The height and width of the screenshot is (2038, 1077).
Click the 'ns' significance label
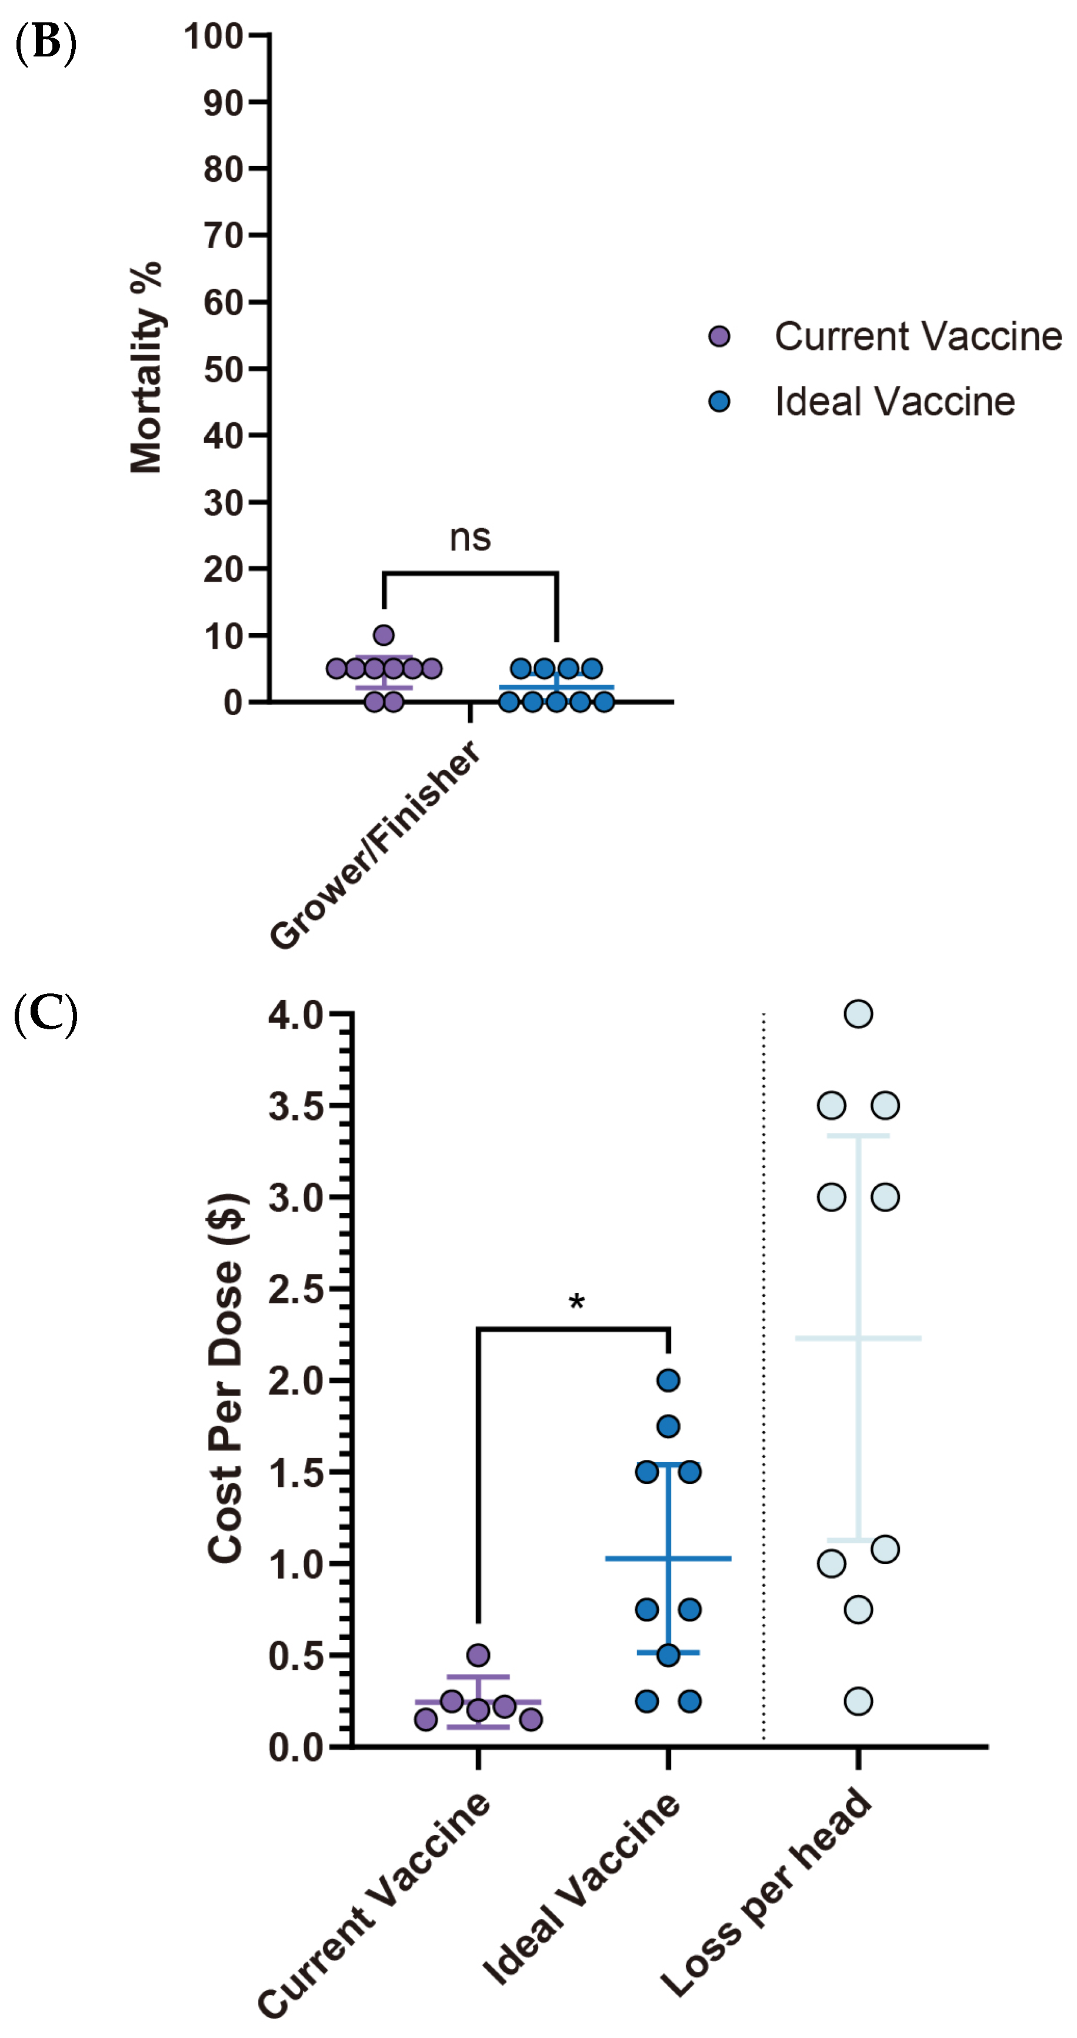tap(470, 538)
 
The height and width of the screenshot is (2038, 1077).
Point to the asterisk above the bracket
tap(577, 1302)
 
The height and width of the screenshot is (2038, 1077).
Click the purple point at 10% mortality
tap(384, 635)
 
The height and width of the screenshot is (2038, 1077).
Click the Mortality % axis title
tap(146, 368)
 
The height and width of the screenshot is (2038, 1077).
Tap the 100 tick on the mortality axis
tap(214, 36)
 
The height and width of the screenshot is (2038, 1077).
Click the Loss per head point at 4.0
tap(859, 1013)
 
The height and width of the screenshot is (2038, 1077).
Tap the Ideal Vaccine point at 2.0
tap(669, 1380)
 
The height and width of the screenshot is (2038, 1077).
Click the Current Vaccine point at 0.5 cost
tap(478, 1655)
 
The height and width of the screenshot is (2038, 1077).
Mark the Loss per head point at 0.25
tap(859, 1701)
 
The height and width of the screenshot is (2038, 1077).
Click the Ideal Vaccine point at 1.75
tap(669, 1426)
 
